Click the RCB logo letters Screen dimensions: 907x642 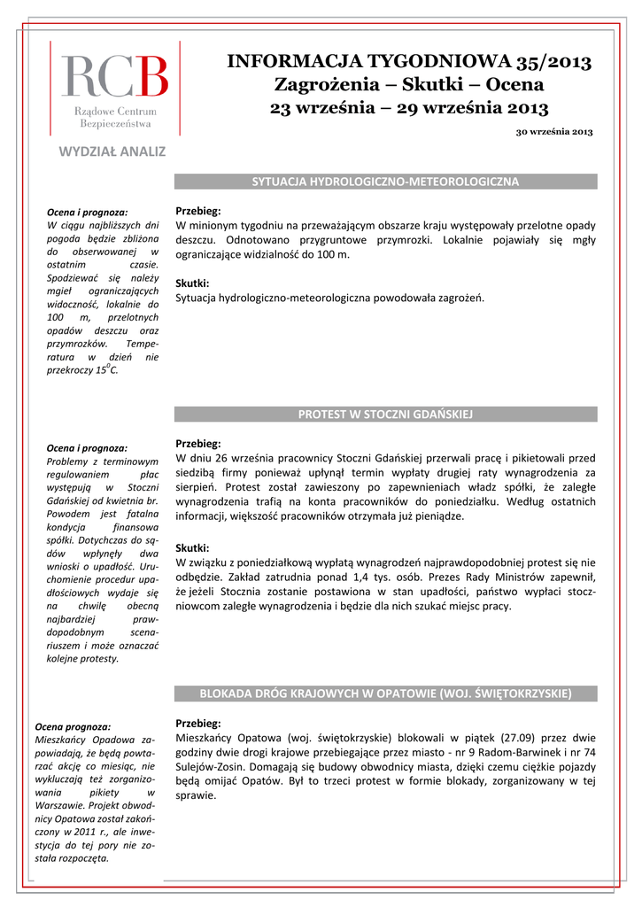113,76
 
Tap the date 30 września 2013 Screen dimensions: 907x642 554,132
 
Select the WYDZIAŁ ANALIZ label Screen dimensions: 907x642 112,151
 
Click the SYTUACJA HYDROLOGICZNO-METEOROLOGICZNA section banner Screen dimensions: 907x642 385,182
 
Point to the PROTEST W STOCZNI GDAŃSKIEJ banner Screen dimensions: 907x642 385,414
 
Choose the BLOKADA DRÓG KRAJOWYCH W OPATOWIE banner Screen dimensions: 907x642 385,693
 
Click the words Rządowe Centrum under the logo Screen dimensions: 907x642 114,112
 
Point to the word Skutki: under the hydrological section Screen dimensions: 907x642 192,283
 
